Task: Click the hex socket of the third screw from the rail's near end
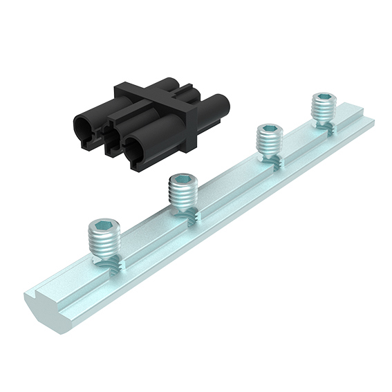[269, 129]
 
